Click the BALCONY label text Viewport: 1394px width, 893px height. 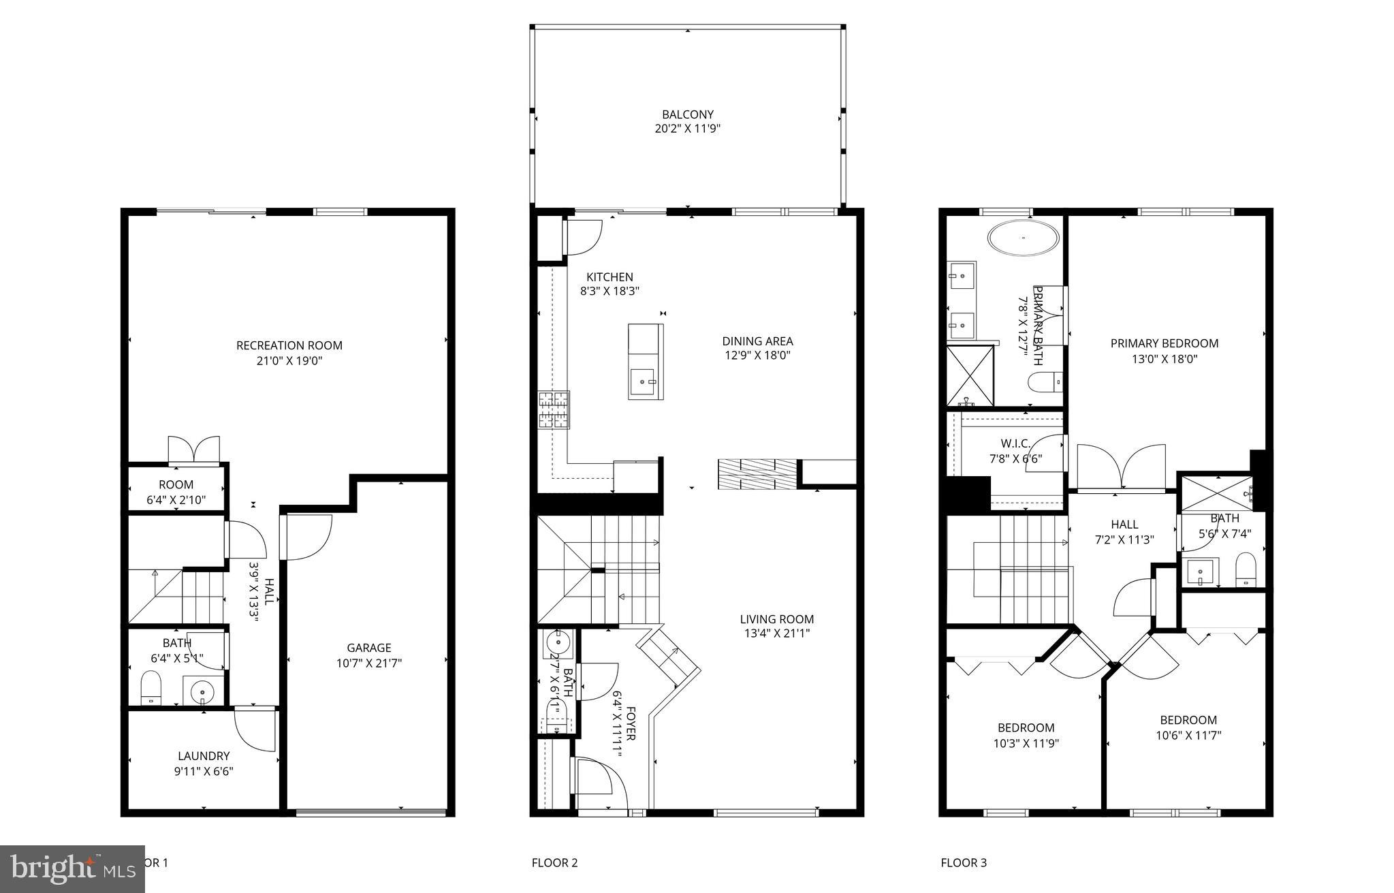point(687,114)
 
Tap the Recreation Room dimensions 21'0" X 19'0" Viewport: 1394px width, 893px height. point(289,360)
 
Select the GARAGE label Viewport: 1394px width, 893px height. point(368,648)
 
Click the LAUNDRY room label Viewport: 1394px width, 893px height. point(204,755)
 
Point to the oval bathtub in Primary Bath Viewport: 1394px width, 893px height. point(1024,238)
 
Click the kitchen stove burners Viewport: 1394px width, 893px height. point(553,410)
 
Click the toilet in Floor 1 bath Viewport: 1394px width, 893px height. point(151,688)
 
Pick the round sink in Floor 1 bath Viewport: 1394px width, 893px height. point(202,693)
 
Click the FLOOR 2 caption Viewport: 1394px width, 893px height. point(554,862)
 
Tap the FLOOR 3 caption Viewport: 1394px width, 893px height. point(963,862)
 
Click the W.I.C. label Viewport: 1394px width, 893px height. point(1015,443)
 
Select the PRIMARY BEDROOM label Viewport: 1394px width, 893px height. point(1164,343)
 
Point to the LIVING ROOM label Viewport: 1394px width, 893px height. point(776,619)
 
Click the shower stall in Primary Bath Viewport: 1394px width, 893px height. point(970,376)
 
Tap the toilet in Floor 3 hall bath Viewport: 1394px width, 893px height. point(1245,569)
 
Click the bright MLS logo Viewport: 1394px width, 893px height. point(72,868)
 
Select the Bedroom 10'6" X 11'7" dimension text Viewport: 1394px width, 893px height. point(1188,735)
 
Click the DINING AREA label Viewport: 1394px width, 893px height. point(757,341)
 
